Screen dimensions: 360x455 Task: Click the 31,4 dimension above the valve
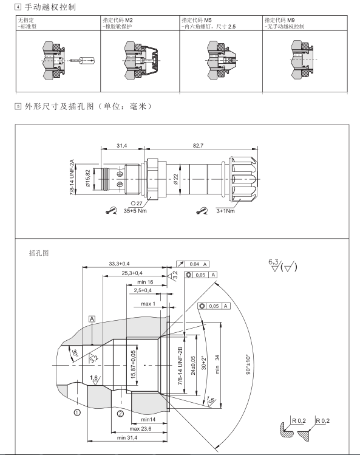pyautogui.click(x=122, y=146)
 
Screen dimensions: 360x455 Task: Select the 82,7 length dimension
pyautogui.click(x=198, y=146)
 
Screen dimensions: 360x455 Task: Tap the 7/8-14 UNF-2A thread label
pyautogui.click(x=72, y=177)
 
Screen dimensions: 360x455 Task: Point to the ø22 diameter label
pyautogui.click(x=176, y=179)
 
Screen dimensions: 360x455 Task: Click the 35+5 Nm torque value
pyautogui.click(x=135, y=211)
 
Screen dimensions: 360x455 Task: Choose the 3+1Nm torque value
pyautogui.click(x=225, y=211)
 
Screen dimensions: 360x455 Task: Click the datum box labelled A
pyautogui.click(x=92, y=319)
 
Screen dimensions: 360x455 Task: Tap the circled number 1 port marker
pyautogui.click(x=77, y=412)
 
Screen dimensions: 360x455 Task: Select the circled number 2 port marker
pyautogui.click(x=120, y=414)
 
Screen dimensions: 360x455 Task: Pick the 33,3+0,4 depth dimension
pyautogui.click(x=119, y=264)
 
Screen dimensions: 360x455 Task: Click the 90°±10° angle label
pyautogui.click(x=248, y=364)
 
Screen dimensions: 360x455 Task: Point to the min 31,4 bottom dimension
pyautogui.click(x=127, y=437)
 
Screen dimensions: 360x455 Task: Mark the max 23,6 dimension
pyautogui.click(x=140, y=429)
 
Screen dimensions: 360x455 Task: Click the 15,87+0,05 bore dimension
pyautogui.click(x=133, y=364)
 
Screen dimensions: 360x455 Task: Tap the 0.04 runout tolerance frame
pyautogui.click(x=192, y=264)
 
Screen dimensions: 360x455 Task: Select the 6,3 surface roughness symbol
pyautogui.click(x=274, y=265)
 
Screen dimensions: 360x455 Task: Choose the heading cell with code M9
pyautogui.click(x=305, y=23)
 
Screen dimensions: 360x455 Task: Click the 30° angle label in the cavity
pyautogui.click(x=75, y=354)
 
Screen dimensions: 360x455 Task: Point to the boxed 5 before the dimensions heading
pyautogui.click(x=18, y=106)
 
